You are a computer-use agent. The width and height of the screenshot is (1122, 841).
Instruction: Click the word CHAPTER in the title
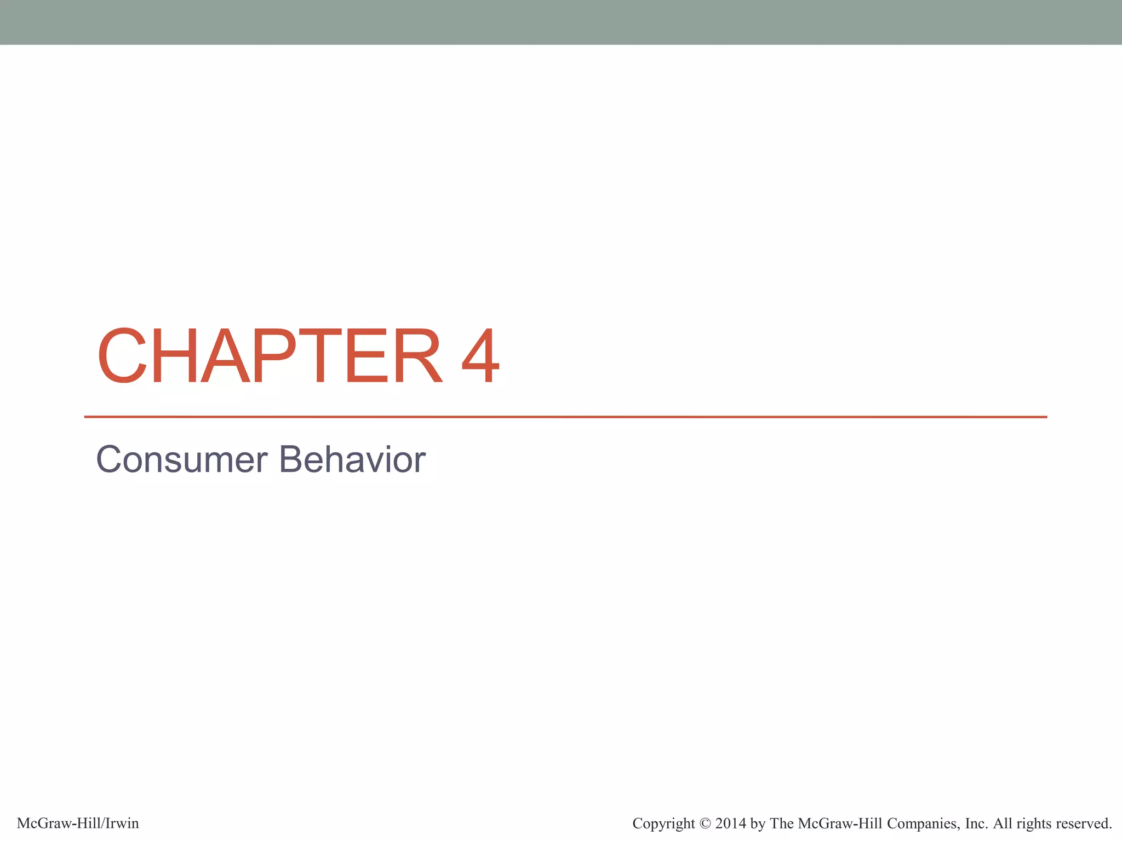click(x=268, y=356)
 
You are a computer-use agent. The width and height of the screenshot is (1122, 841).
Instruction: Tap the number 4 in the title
click(x=480, y=356)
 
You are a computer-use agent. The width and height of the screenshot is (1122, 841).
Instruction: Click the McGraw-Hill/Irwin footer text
click(x=78, y=823)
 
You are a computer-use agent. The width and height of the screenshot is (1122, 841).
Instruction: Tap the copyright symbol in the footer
click(x=705, y=823)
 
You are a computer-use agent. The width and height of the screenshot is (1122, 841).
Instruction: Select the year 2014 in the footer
click(x=731, y=823)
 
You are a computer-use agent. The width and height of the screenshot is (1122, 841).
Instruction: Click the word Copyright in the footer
click(x=663, y=823)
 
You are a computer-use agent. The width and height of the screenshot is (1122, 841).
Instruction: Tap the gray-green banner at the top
click(x=561, y=22)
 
